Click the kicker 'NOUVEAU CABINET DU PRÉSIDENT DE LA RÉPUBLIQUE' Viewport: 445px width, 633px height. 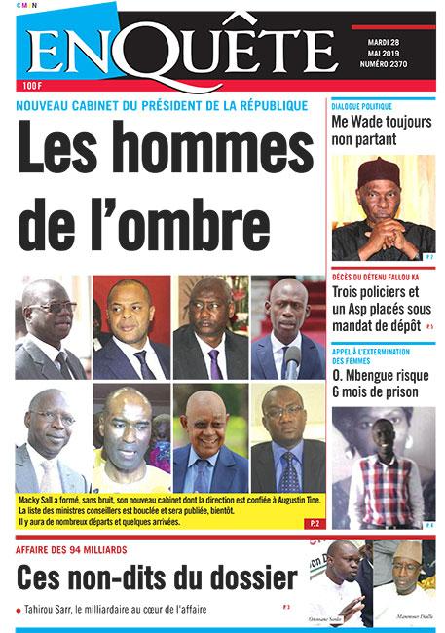tap(162, 105)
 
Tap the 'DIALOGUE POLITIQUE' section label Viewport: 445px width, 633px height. tap(362, 105)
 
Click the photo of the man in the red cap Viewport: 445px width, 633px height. tap(383, 207)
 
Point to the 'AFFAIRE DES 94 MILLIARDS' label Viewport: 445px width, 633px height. tap(77, 548)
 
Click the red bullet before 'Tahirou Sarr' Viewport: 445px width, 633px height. tap(19, 611)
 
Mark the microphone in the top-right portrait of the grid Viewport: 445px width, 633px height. tap(292, 361)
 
